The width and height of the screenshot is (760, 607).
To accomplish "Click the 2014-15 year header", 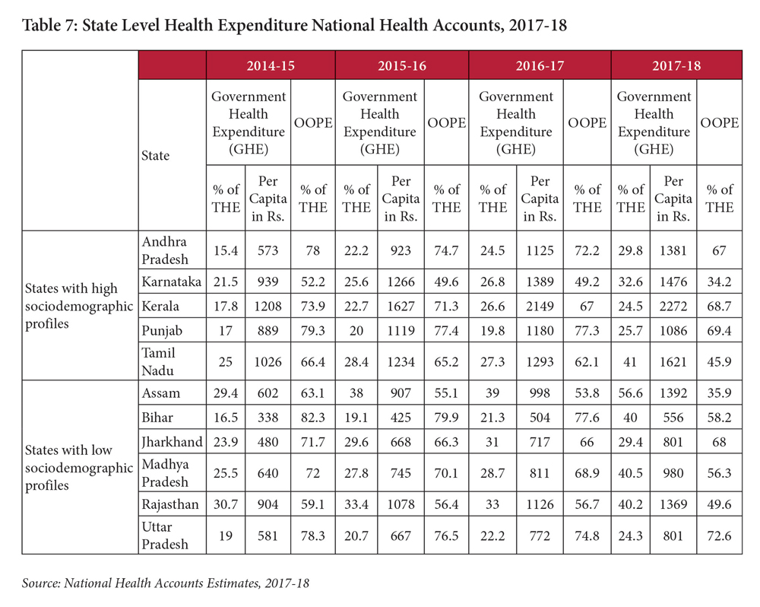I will (271, 65).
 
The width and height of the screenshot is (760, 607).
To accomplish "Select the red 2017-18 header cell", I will (676, 65).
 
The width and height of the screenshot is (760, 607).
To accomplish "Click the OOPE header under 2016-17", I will (587, 122).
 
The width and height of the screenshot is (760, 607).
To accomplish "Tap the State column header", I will (156, 155).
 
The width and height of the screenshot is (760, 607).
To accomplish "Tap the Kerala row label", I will (160, 307).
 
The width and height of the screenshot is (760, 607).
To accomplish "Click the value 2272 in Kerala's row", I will (676, 307).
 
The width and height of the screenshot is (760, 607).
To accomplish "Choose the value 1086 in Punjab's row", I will (676, 330).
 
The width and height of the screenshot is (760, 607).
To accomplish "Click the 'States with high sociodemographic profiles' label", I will (71, 307).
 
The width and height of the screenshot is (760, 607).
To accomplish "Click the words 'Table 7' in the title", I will (49, 25).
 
